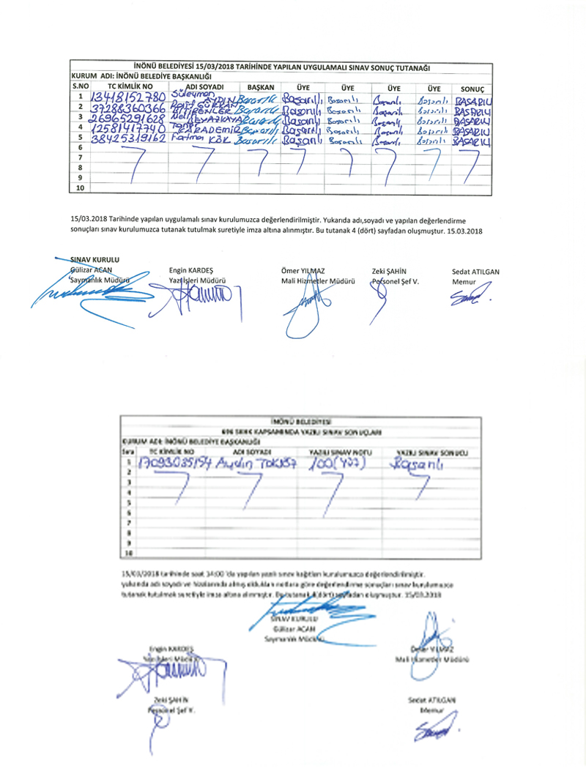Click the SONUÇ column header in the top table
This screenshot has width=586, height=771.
pos(473,86)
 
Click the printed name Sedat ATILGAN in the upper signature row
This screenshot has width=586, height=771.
pos(475,271)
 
